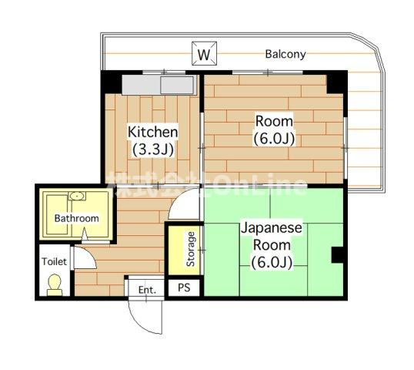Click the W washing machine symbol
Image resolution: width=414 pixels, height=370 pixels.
[x=204, y=53]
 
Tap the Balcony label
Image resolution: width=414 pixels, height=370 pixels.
[x=285, y=54]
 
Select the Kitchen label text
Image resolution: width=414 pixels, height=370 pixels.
[x=152, y=132]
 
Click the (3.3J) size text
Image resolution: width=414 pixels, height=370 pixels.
[x=153, y=150]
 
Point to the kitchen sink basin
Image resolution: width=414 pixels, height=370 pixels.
[x=177, y=85]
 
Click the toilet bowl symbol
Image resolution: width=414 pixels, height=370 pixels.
[x=55, y=285]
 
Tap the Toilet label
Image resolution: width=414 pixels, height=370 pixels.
[x=54, y=261]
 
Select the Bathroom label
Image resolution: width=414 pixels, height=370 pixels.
[x=77, y=218]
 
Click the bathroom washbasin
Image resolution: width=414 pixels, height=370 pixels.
[x=77, y=197]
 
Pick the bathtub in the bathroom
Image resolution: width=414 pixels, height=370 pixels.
[x=57, y=215]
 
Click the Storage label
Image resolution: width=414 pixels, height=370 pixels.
[x=190, y=249]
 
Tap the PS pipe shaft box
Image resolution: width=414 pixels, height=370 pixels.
[x=184, y=288]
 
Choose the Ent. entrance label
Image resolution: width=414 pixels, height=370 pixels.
[x=147, y=290]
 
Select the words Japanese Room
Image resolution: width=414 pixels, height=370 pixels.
[x=272, y=237]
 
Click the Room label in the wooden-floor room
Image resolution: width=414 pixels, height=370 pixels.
[x=274, y=121]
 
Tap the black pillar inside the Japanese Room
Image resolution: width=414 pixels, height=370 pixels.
[x=337, y=255]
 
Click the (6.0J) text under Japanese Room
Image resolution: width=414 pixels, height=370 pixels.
[x=272, y=262]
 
